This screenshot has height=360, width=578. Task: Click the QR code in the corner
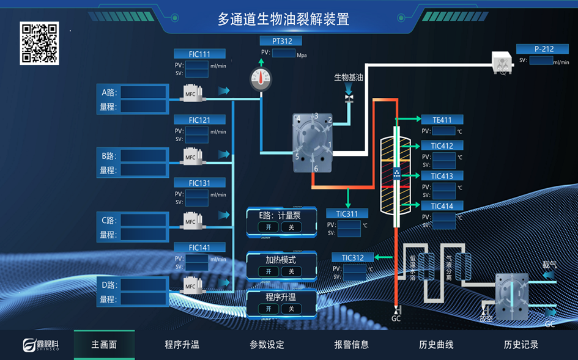(x=40, y=43)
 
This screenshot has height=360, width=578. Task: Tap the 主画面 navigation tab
(x=104, y=345)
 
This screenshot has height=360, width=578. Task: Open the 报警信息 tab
(x=352, y=345)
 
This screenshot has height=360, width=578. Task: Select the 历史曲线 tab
(x=436, y=345)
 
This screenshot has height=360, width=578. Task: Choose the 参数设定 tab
(x=267, y=345)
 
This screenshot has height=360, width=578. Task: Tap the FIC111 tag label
(x=199, y=54)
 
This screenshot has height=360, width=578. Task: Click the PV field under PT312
(x=283, y=53)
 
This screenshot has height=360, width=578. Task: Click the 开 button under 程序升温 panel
(x=268, y=309)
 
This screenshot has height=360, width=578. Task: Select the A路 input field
(x=143, y=92)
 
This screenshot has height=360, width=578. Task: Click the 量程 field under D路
(x=143, y=299)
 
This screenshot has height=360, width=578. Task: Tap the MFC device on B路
(x=191, y=157)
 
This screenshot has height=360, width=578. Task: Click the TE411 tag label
(x=442, y=120)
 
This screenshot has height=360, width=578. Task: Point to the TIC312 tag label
(x=352, y=257)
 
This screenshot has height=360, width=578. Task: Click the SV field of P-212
(x=541, y=61)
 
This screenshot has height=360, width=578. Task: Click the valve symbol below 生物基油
(x=349, y=97)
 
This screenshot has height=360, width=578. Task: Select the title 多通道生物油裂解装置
(x=283, y=20)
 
